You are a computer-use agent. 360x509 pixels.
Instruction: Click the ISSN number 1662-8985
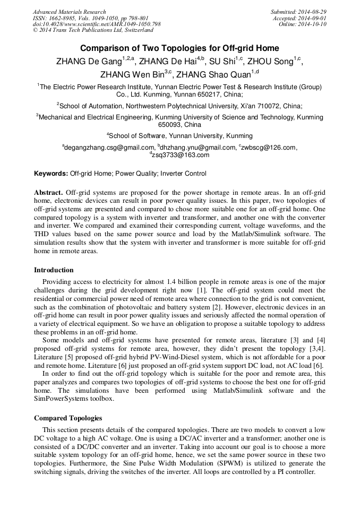click(x=64, y=18)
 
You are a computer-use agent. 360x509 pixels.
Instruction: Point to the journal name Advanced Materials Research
click(x=69, y=12)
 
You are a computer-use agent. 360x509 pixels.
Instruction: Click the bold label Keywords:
click(x=51, y=174)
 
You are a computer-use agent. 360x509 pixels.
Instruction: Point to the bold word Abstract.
click(x=49, y=192)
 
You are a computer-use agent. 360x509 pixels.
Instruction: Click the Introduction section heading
click(x=54, y=270)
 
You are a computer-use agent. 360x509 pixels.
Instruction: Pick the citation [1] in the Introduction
click(x=202, y=290)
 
